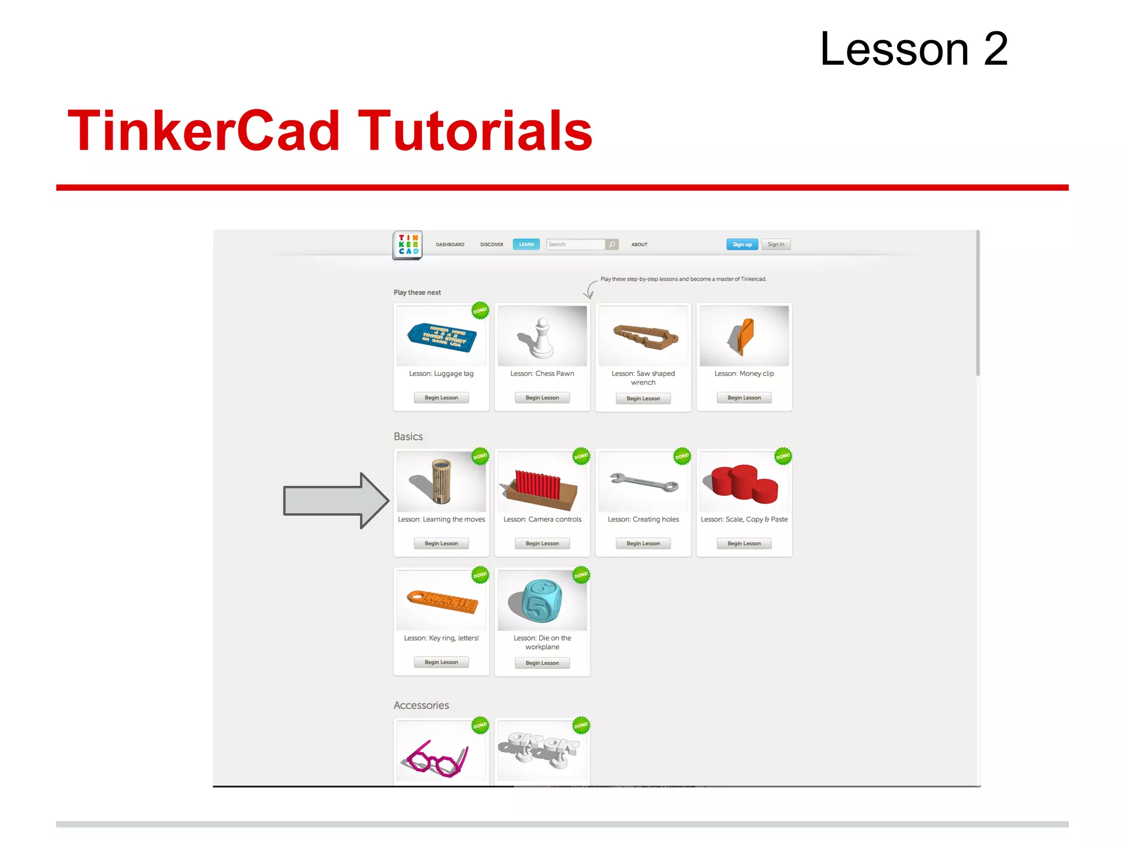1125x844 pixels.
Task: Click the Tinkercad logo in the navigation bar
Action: tap(408, 245)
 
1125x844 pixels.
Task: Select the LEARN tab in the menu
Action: tap(526, 245)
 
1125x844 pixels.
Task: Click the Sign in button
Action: tap(776, 245)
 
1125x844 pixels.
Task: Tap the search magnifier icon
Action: tap(612, 245)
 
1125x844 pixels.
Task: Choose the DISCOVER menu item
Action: tap(491, 245)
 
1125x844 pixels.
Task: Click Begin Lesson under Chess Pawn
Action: tap(542, 398)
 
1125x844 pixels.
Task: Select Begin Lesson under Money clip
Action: tap(744, 398)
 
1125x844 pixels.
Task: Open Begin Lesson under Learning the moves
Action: tap(441, 543)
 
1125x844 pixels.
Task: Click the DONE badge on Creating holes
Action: tap(682, 456)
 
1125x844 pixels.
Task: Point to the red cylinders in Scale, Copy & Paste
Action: tap(744, 484)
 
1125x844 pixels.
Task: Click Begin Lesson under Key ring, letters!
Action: tap(441, 662)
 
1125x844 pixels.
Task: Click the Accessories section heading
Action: tap(421, 705)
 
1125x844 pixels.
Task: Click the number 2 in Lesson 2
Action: tap(995, 49)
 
